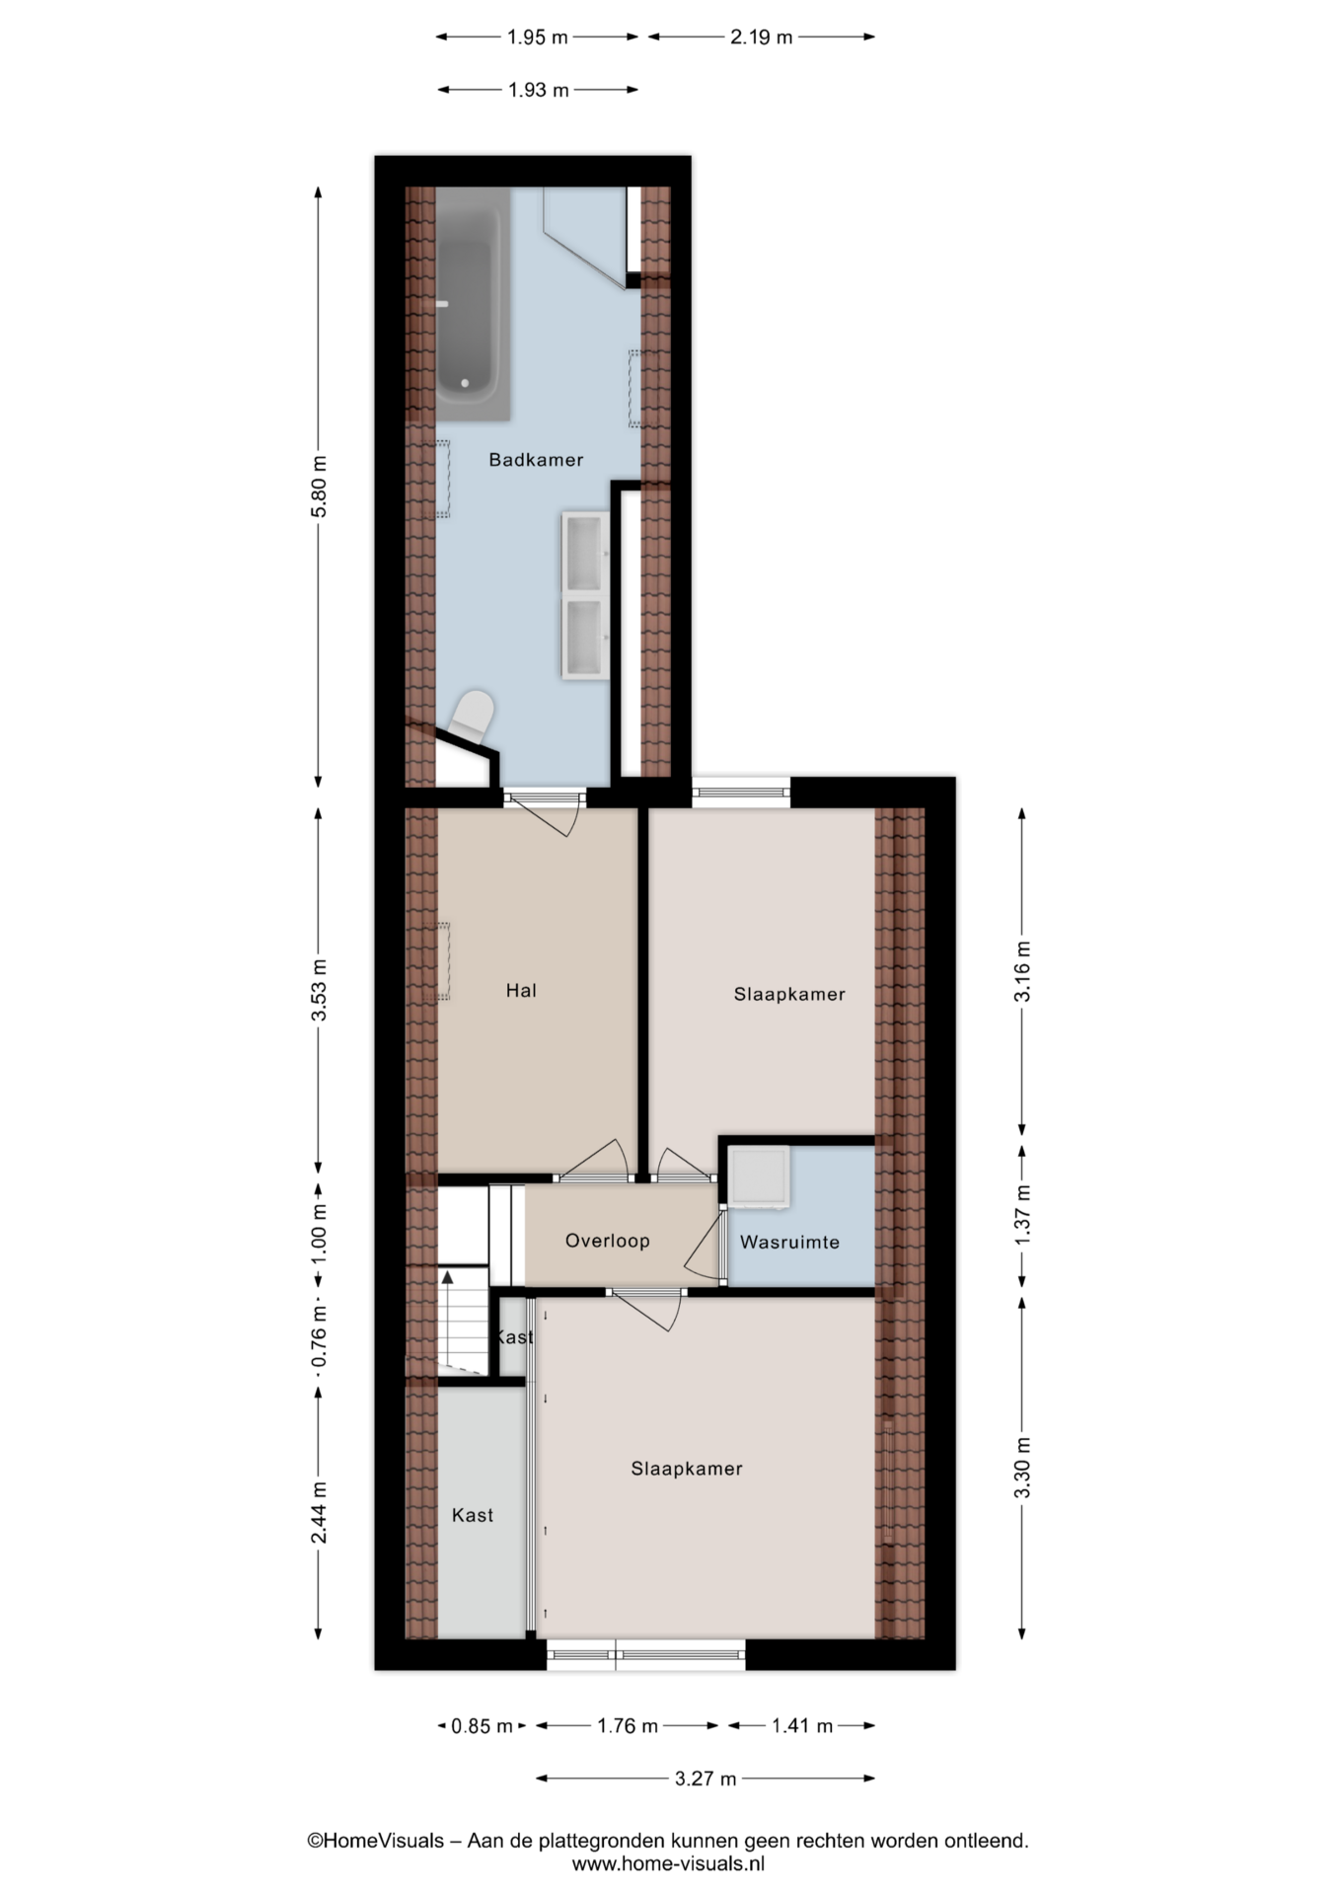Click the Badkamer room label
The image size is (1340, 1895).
click(x=536, y=460)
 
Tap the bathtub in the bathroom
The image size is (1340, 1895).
click(x=473, y=303)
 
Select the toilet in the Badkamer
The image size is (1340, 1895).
click(x=472, y=717)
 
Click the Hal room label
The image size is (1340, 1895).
click(x=521, y=990)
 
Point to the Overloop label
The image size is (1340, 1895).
click(x=607, y=1241)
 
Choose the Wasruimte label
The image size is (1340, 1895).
click(x=789, y=1243)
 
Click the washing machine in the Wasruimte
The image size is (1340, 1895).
click(x=758, y=1176)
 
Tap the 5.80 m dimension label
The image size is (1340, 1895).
click(x=318, y=486)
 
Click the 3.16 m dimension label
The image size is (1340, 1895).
click(x=1022, y=971)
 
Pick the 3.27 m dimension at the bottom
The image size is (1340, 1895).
click(x=706, y=1780)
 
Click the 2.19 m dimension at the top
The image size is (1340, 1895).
click(x=761, y=38)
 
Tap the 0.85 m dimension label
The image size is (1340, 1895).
click(x=482, y=1726)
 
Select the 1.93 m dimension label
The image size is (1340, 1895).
click(x=539, y=90)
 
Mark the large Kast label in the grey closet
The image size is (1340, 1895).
click(x=473, y=1515)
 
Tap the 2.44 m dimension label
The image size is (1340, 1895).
click(x=318, y=1513)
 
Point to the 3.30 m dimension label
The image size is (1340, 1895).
click(x=1022, y=1467)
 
